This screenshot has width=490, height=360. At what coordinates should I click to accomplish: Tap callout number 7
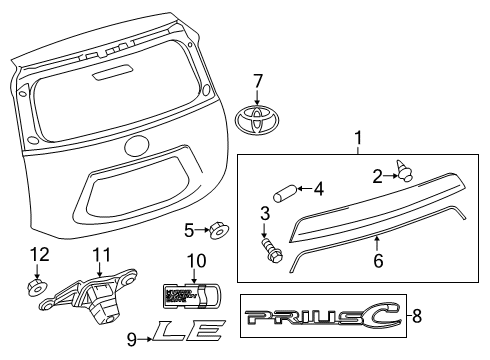[x=257, y=80]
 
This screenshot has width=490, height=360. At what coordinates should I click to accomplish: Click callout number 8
[x=418, y=318]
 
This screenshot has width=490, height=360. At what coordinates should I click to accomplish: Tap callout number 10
[x=195, y=261]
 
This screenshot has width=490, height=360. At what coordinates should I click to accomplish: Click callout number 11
[x=100, y=255]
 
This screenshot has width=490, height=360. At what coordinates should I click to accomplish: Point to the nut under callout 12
[x=37, y=289]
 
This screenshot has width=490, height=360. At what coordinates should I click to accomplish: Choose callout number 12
[x=37, y=255]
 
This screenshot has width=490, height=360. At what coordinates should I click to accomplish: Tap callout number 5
[x=189, y=231]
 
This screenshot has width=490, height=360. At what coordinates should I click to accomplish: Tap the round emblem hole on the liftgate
[x=136, y=145]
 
